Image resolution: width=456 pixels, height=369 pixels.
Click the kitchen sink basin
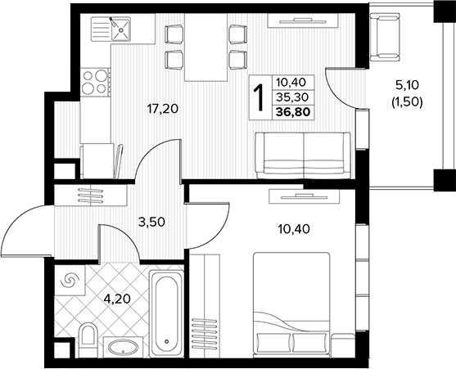pos(120,29)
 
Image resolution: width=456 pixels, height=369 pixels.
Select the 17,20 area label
pos(163,109)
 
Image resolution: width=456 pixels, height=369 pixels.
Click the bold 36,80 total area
pos(293,112)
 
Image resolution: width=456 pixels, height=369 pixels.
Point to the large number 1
pos(259,97)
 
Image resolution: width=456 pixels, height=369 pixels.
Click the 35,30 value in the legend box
pos(292,97)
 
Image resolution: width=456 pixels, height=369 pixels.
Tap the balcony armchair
pos(385,38)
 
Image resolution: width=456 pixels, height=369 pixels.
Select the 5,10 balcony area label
pos(407,85)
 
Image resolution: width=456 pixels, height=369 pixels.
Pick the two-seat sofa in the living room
pos(303,155)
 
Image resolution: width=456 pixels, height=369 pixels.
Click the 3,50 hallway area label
pos(151,223)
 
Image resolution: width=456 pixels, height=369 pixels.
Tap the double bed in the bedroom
pos(291,304)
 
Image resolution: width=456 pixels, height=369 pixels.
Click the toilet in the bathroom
pos(88,339)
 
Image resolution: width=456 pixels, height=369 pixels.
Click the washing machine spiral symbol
pos(70,281)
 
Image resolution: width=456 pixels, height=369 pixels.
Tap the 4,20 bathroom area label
pos(117,299)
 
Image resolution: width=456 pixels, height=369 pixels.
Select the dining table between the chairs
pos(206,47)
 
